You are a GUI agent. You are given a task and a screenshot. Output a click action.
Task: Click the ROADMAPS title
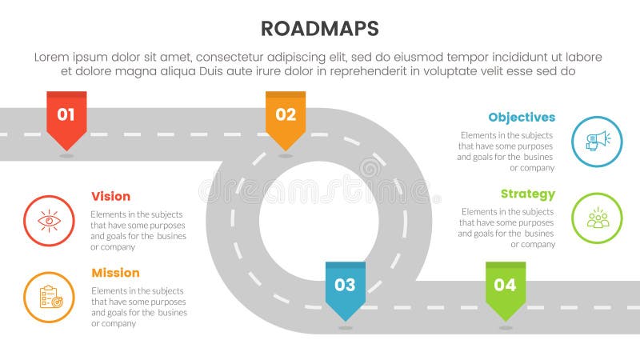coord(320,29)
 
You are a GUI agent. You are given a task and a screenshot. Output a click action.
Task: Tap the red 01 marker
coord(66,116)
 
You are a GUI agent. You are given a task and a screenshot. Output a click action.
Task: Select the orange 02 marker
coord(286,116)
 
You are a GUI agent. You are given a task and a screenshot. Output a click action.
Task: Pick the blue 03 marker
coord(345,286)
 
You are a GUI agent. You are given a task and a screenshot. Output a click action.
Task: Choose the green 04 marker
coord(506,286)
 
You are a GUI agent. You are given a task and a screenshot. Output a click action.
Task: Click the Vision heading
coord(110,197)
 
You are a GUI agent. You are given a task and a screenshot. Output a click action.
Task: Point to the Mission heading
coord(115,274)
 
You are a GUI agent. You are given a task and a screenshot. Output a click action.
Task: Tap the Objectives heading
coord(522,118)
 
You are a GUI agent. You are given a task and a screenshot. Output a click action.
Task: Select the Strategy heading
coord(527,194)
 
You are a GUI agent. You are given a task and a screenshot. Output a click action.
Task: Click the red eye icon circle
coord(49,221)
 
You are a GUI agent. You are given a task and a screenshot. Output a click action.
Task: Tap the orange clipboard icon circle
coord(49,298)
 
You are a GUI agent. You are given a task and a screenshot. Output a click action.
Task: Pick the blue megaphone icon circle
coord(597,142)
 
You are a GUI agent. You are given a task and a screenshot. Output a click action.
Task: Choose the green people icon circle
coord(597,218)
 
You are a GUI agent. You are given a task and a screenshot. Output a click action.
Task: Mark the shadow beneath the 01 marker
coord(66,156)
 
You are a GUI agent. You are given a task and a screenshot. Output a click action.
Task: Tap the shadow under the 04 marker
coord(506,327)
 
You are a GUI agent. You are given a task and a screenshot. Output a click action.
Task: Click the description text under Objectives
coord(506,151)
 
